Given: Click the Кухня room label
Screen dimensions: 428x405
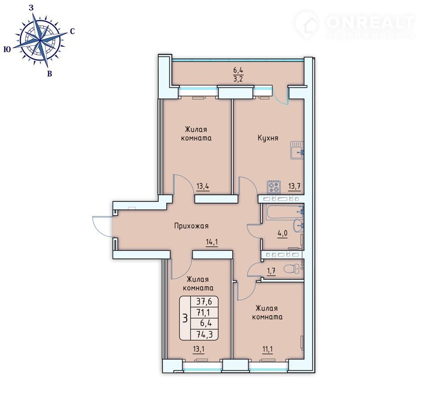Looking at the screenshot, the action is tap(268, 138).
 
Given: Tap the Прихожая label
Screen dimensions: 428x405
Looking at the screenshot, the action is tap(191, 226).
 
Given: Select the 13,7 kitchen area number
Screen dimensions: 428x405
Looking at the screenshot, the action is tap(295, 186).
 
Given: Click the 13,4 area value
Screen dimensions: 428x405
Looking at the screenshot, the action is tap(203, 186).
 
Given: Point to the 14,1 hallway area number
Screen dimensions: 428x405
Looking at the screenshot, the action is tap(212, 242).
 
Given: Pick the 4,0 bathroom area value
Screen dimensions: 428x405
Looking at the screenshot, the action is tap(283, 234).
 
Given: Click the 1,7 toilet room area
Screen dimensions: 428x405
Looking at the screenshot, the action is tap(272, 271).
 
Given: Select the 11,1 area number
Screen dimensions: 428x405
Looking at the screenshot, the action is tap(267, 349).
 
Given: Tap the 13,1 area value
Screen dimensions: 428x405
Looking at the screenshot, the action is tap(199, 349).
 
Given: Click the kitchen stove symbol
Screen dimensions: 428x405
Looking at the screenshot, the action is tap(274, 187).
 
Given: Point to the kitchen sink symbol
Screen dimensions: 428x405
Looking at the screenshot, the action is tap(297, 150).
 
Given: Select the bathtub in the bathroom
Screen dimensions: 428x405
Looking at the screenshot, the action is tap(285, 212).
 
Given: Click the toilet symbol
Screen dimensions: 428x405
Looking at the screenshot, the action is tap(292, 269).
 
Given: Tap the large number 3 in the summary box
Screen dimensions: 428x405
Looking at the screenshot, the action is tap(185, 318).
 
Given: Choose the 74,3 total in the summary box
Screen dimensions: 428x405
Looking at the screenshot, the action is tap(204, 334).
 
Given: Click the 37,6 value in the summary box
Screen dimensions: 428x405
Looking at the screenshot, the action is tap(204, 301).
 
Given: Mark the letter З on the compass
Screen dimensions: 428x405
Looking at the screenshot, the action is tap(31, 8).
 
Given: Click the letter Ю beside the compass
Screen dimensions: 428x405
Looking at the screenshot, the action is tap(8, 49).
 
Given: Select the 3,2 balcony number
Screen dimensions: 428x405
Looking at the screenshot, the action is tap(238, 79).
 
